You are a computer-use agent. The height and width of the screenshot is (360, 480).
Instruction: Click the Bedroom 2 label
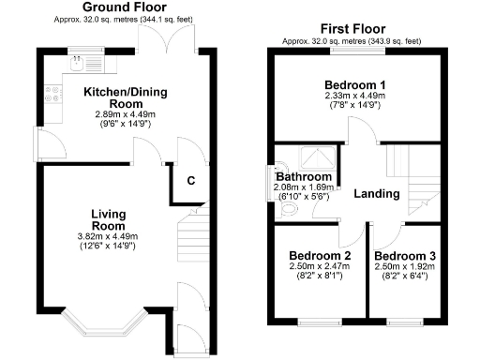320,256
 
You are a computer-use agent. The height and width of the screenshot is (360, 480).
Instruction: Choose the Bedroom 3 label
404,256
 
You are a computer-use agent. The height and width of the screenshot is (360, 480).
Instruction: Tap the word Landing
377,194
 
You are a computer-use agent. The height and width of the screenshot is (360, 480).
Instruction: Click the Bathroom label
304,177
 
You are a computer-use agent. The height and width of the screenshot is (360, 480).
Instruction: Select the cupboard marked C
190,181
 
